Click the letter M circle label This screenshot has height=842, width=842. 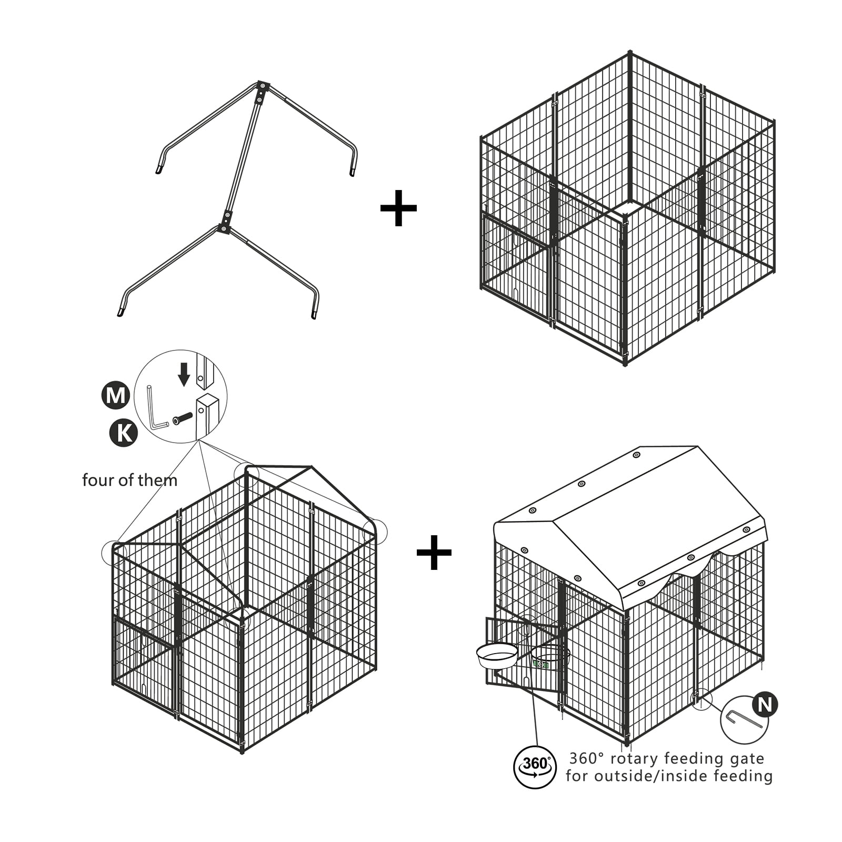pyautogui.click(x=115, y=395)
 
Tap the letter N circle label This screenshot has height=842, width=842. pyautogui.click(x=765, y=705)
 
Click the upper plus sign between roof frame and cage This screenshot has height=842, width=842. pyautogui.click(x=398, y=208)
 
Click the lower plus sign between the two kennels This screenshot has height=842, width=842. pyautogui.click(x=434, y=552)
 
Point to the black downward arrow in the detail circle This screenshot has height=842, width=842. pyautogui.click(x=184, y=374)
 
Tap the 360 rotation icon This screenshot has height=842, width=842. pyautogui.click(x=535, y=767)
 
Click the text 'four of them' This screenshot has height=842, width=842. pyautogui.click(x=129, y=480)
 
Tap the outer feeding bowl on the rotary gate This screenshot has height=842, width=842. pyautogui.click(x=497, y=656)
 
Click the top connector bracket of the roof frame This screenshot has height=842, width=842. pyautogui.click(x=262, y=92)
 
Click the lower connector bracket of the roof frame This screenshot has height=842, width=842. pyautogui.click(x=225, y=222)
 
